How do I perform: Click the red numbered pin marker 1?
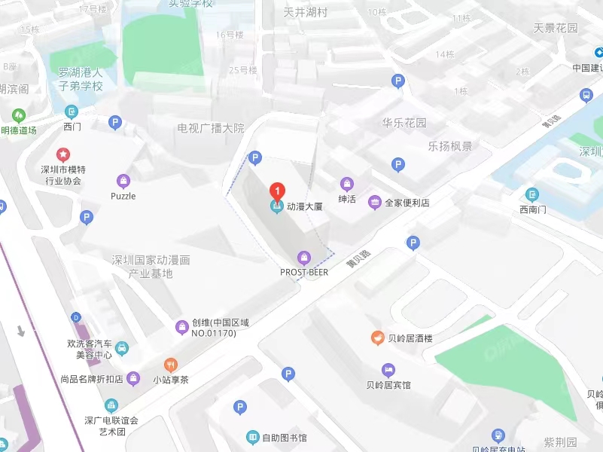click(277, 191)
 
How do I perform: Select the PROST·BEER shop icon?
click(304, 258)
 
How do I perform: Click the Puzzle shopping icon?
click(123, 181)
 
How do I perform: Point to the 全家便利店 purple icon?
click(374, 202)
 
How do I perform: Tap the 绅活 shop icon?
click(347, 184)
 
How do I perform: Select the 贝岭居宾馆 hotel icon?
click(388, 370)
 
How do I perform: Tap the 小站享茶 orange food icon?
click(171, 365)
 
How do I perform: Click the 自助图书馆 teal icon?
click(253, 437)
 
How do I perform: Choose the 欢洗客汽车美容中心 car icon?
click(123, 348)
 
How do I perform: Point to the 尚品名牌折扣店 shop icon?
click(132, 377)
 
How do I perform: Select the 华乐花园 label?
click(404, 123)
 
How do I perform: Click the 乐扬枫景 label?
click(450, 146)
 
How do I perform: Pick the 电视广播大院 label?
click(211, 128)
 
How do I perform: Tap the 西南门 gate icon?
click(532, 194)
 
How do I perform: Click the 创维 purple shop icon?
click(181, 326)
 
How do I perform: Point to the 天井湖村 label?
click(306, 13)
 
